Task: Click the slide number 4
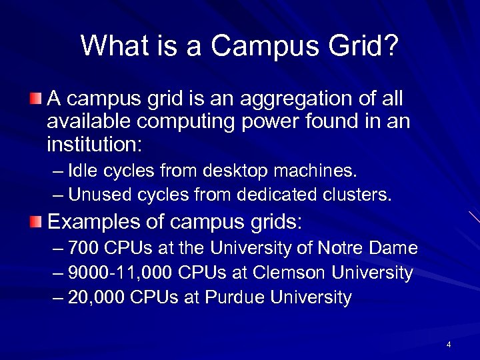click(449, 345)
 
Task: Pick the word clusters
click(359, 195)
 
